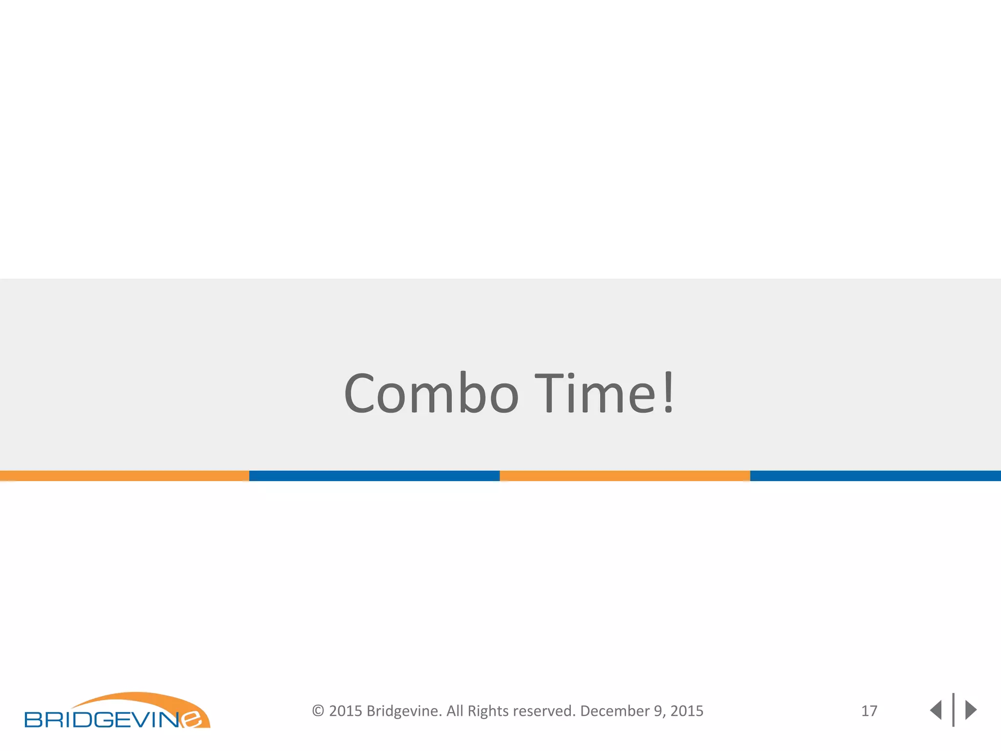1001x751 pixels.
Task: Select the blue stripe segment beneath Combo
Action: [374, 476]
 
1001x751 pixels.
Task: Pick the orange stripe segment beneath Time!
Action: [625, 476]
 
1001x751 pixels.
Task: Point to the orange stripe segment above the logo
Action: [125, 476]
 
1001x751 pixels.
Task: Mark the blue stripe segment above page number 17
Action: [875, 476]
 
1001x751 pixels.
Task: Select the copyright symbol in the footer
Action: [318, 711]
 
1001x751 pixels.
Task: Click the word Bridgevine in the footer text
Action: [404, 711]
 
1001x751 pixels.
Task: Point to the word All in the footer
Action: [455, 711]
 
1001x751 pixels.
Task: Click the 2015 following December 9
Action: [687, 711]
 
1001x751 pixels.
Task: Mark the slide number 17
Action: [869, 711]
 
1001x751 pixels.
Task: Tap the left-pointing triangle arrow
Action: [936, 710]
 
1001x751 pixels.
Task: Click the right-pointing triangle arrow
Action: [971, 710]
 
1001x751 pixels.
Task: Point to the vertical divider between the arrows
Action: [953, 710]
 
